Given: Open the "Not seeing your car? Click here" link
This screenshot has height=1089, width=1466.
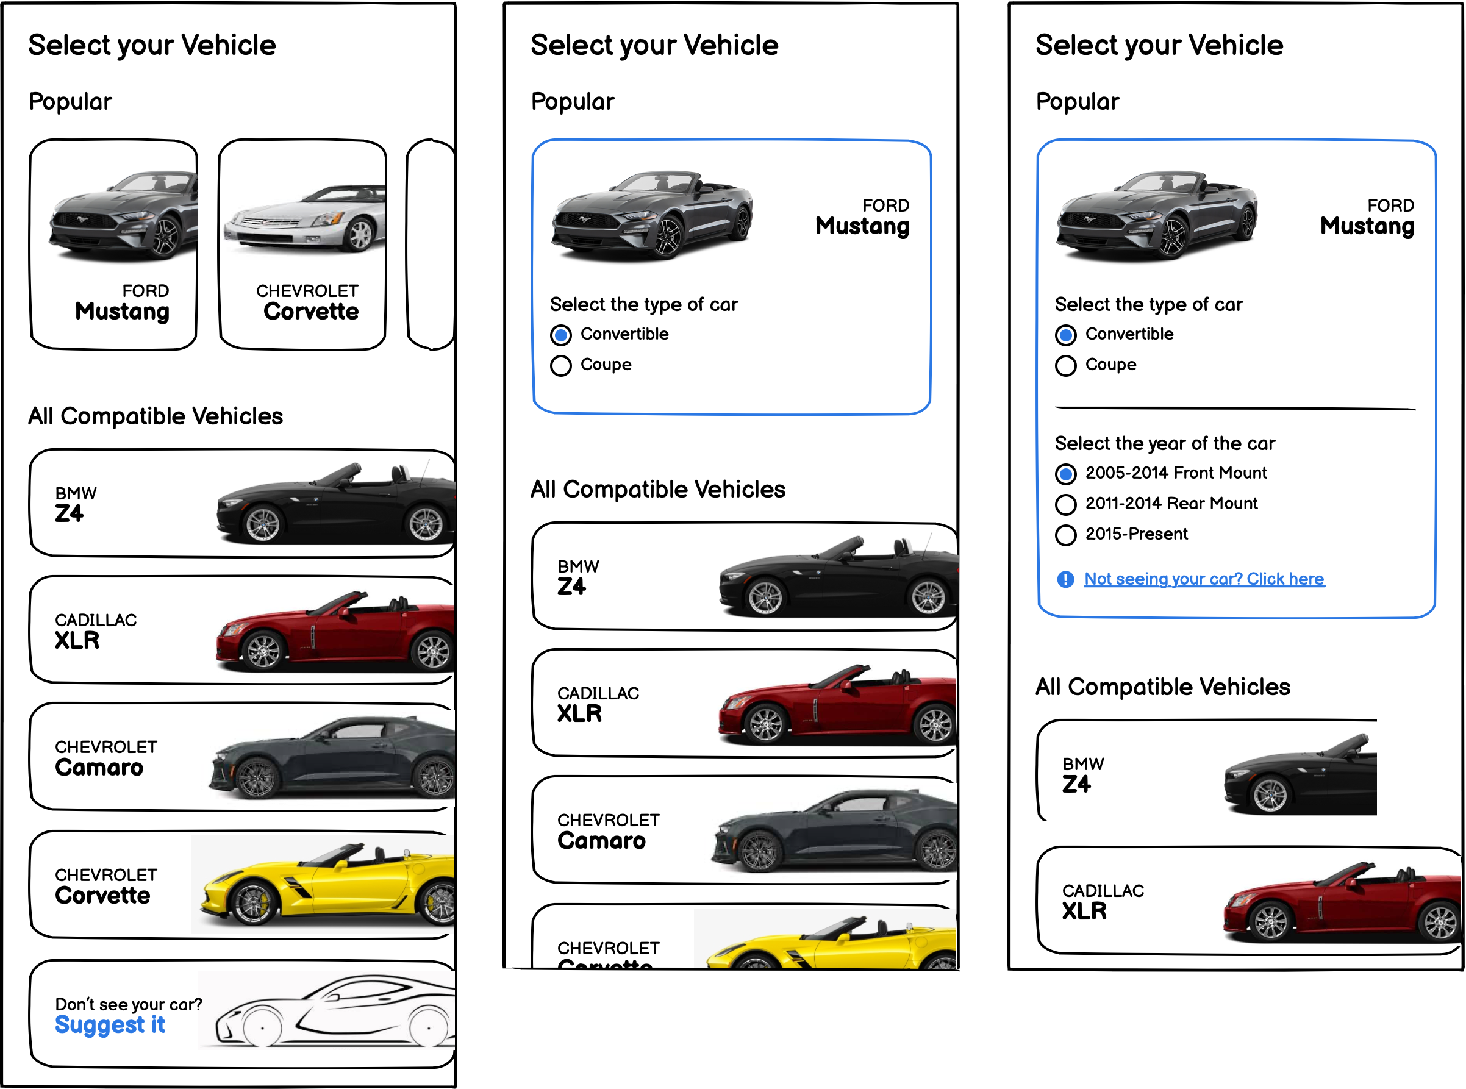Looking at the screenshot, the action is tap(1204, 579).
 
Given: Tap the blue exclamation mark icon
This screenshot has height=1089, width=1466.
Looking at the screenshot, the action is tap(1065, 579).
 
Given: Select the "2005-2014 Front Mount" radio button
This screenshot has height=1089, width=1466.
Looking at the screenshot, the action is tap(1065, 474).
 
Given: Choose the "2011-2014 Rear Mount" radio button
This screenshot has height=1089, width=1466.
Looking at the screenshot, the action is tap(1065, 504).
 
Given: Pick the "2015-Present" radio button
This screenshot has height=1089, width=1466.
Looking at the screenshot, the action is tap(1065, 535).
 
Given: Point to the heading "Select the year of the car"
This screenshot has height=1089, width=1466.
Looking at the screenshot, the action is tap(1164, 444).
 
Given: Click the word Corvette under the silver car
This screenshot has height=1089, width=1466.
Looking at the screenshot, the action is tap(311, 312).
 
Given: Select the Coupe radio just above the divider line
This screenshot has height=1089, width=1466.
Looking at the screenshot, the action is tap(1065, 366).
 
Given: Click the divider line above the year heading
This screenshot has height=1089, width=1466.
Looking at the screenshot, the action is tap(1234, 409).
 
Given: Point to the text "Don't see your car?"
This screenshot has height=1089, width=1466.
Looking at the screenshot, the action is tap(129, 1004).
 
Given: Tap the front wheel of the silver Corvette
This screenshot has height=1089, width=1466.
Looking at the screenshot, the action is tap(360, 235).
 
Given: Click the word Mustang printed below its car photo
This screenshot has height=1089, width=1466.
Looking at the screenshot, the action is tap(123, 312).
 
